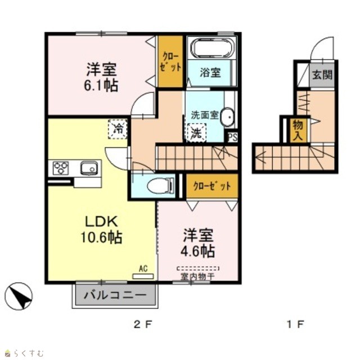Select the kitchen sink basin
pyautogui.click(x=89, y=168)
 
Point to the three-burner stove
pyautogui.click(x=61, y=168)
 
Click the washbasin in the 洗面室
pyautogui.click(x=227, y=116)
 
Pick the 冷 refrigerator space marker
pyautogui.click(x=118, y=129)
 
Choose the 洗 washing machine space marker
pyautogui.click(x=197, y=133)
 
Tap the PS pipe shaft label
pyautogui.click(x=232, y=137)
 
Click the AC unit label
pyautogui.click(x=143, y=269)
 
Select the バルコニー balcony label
pyautogui.click(x=115, y=295)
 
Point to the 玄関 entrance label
pyautogui.click(x=322, y=74)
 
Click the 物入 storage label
pyautogui.click(x=298, y=131)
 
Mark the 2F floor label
pyautogui.click(x=143, y=325)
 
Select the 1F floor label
pyautogui.click(x=295, y=325)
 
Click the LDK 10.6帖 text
pyautogui.click(x=102, y=229)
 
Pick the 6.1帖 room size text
pyautogui.click(x=101, y=85)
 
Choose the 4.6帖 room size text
pyautogui.click(x=198, y=251)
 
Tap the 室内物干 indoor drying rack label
pyautogui.click(x=197, y=277)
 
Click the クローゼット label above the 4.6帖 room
pyautogui.click(x=212, y=186)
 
